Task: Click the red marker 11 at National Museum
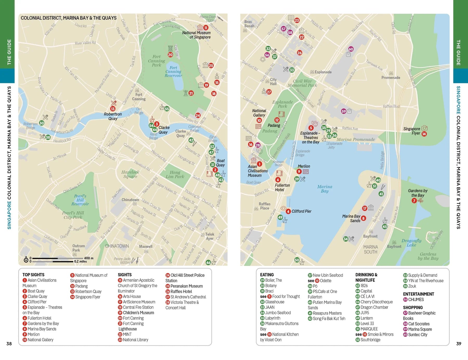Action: pyautogui.click(x=206, y=28)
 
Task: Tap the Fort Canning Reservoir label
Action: pyautogui.click(x=173, y=71)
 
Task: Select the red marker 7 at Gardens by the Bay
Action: pyautogui.click(x=414, y=201)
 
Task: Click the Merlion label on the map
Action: pyautogui.click(x=304, y=166)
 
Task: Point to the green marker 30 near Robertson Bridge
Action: pyautogui.click(x=42, y=123)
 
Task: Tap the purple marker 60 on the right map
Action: pyautogui.click(x=351, y=49)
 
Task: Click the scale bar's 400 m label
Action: pyautogui.click(x=89, y=258)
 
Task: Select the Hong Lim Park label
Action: pyautogui.click(x=175, y=174)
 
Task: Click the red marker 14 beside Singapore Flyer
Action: pyautogui.click(x=424, y=134)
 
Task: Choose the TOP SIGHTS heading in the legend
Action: pyautogui.click(x=33, y=275)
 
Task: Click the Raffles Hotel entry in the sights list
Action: pyautogui.click(x=181, y=291)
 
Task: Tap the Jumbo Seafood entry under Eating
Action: pyautogui.click(x=278, y=313)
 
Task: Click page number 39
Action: pyautogui.click(x=459, y=344)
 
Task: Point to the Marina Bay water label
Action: pyautogui.click(x=324, y=189)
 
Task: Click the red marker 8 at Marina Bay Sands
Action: pyautogui.click(x=363, y=218)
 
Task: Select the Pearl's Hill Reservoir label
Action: pyautogui.click(x=80, y=200)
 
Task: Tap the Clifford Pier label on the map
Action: pyautogui.click(x=301, y=211)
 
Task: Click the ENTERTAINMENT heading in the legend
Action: pyautogui.click(x=418, y=294)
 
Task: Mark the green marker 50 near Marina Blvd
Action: pyautogui.click(x=297, y=260)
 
